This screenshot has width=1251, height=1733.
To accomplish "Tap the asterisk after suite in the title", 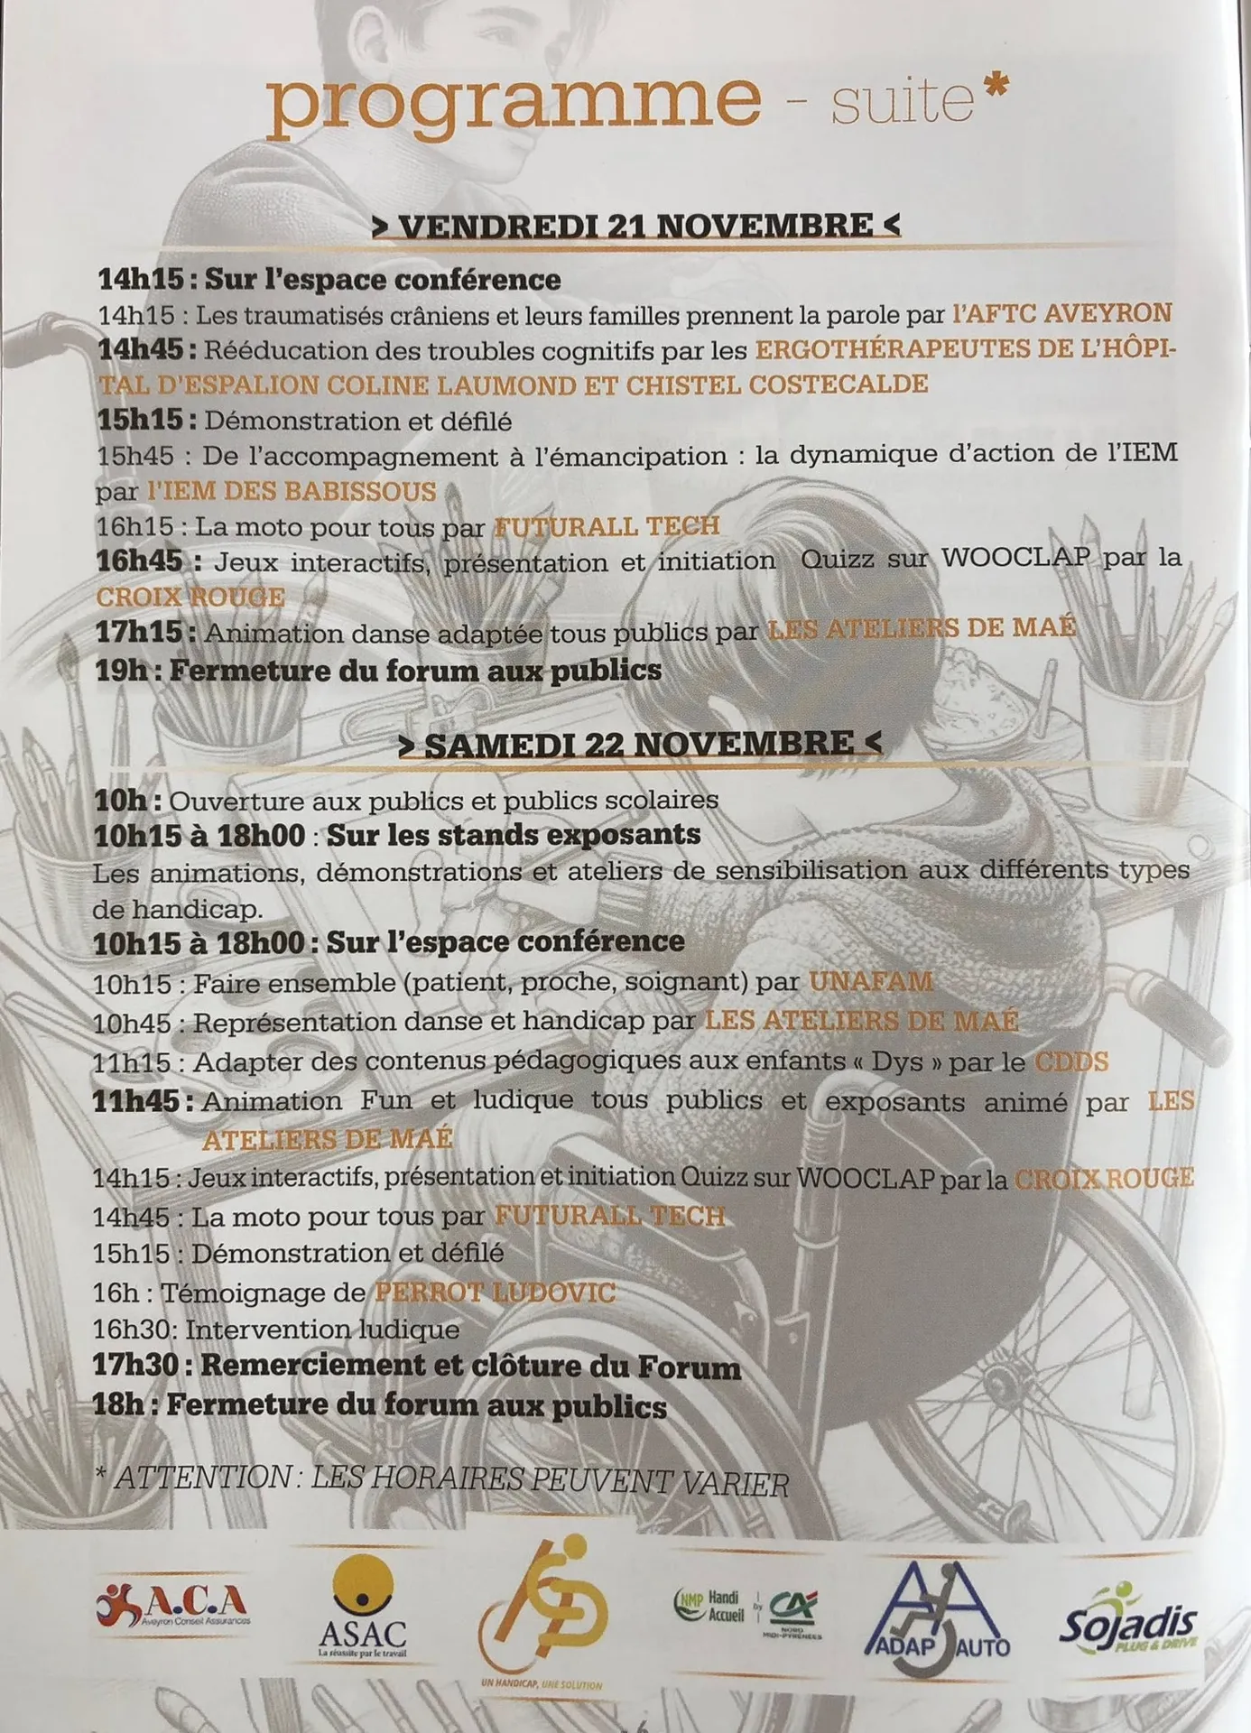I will [993, 88].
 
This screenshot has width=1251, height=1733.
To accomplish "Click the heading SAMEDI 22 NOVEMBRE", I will [638, 744].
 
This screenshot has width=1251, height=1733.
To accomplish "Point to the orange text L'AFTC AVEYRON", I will [1061, 313].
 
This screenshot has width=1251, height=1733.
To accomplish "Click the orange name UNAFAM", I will [870, 981].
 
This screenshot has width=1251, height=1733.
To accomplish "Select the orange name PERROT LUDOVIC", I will [495, 1292].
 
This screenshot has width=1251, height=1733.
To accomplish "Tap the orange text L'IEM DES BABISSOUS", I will [292, 491].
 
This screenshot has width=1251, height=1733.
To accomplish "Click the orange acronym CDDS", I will [1070, 1061].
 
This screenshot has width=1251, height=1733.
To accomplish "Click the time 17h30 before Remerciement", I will [135, 1366].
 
